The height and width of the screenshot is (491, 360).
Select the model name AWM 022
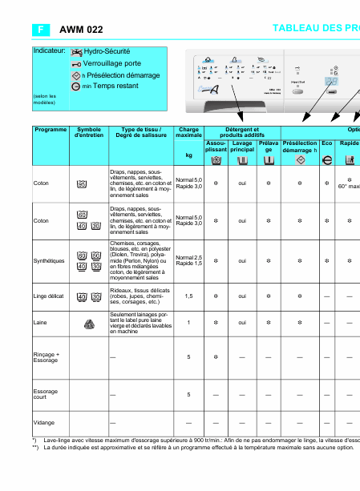[x=81, y=30]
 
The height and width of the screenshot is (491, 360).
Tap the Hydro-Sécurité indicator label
[x=107, y=51]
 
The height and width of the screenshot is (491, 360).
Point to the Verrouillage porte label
[x=111, y=63]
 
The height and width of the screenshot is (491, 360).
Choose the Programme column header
[x=51, y=130]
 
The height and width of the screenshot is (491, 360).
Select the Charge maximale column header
[x=188, y=133]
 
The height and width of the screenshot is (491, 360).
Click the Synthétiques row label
[x=49, y=260]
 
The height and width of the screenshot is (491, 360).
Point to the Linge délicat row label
[x=49, y=296]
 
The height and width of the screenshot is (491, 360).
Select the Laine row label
[x=40, y=323]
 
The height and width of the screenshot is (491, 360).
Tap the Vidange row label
[x=43, y=422]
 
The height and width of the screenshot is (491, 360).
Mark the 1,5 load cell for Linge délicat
[x=188, y=296]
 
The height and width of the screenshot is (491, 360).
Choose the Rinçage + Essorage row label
[x=47, y=356]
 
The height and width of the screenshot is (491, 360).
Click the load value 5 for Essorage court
[x=188, y=394]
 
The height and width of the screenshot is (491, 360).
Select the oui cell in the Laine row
[x=241, y=323]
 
